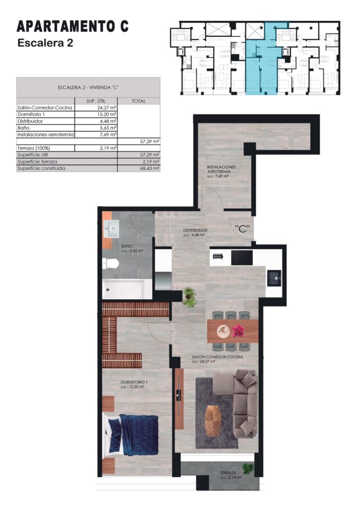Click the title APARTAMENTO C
coord(73,27)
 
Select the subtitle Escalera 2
coord(45,43)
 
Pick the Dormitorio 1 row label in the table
coord(31,114)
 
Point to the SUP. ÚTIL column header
coord(96,101)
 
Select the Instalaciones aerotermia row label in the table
coord(45,134)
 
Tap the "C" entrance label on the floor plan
coord(242,228)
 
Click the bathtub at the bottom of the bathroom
coord(127,288)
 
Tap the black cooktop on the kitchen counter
coord(242,258)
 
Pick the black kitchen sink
coord(274,278)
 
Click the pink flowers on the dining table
coord(238,331)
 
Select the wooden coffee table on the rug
coord(213,421)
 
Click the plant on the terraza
coord(248,468)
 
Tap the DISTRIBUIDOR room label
coord(195,230)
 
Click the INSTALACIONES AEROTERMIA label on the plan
coord(221,169)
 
